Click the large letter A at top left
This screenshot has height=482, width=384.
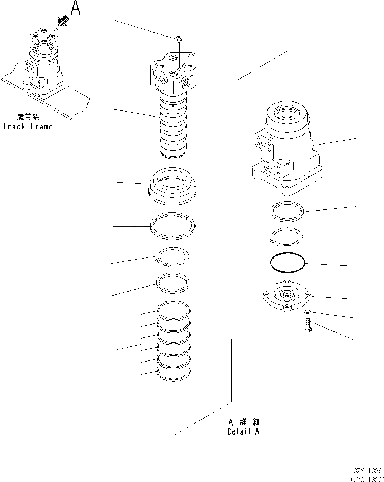click(x=75, y=8)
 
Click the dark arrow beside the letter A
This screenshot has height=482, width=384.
click(x=64, y=21)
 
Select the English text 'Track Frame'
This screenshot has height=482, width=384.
click(x=28, y=127)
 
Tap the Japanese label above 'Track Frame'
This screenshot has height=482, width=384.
click(x=28, y=117)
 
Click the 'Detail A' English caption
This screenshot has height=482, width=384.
click(x=243, y=431)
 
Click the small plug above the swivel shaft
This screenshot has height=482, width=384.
click(x=179, y=39)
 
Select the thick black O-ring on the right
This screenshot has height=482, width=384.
click(x=287, y=264)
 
